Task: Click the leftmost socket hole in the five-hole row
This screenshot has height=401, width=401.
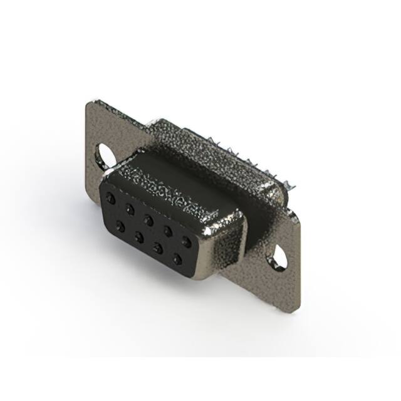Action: pyautogui.click(x=110, y=198)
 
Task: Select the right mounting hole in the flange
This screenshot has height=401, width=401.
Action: pyautogui.click(x=279, y=257)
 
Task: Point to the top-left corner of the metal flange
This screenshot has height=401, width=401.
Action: pyautogui.click(x=87, y=102)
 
